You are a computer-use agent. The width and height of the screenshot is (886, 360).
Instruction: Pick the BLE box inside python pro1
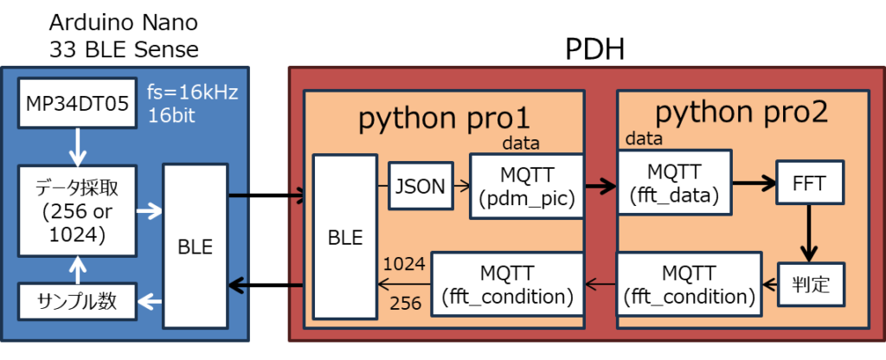pyautogui.click(x=344, y=235)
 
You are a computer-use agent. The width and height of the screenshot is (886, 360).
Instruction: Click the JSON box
pyautogui.click(x=421, y=185)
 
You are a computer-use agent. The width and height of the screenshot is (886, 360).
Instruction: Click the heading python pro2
pyautogui.click(x=741, y=112)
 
